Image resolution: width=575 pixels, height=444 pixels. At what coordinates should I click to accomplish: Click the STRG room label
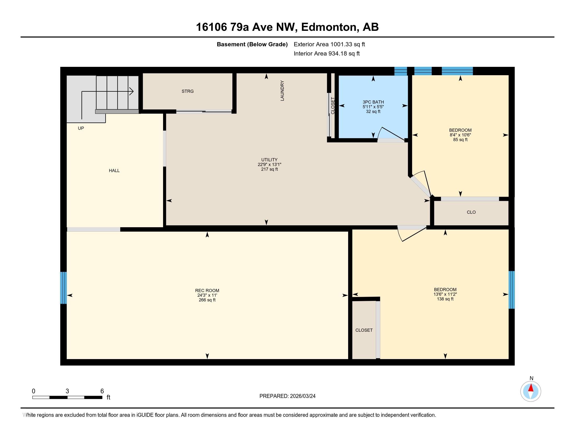[x=187, y=91]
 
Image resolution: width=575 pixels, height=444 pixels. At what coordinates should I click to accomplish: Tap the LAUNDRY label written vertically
[x=282, y=91]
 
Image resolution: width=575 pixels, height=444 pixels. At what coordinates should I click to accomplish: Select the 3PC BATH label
[x=373, y=102]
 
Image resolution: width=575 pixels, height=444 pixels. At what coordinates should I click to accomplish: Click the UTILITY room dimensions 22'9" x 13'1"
[x=269, y=164]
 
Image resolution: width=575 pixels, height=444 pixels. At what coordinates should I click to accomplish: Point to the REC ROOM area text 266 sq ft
[x=207, y=300]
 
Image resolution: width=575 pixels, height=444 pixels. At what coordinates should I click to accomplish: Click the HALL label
[x=114, y=171]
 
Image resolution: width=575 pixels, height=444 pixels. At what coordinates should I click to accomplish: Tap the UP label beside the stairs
[x=81, y=128]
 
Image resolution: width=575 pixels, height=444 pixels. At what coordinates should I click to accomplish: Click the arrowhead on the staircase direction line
[x=131, y=91]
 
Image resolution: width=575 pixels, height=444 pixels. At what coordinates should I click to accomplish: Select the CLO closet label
[x=471, y=212]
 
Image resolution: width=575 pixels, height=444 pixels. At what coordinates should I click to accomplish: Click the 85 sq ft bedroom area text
[x=460, y=140]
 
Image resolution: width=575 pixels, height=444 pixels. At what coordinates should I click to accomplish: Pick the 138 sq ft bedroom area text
[x=445, y=299]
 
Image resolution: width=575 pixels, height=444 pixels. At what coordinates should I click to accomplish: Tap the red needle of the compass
[x=531, y=388]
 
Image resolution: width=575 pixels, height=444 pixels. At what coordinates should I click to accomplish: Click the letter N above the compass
[x=531, y=378]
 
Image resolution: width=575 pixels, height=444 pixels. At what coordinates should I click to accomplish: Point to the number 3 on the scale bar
[x=67, y=391]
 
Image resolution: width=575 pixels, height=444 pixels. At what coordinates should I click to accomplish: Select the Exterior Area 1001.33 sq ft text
[x=329, y=44]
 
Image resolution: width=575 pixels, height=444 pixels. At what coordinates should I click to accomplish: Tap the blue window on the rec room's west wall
[x=64, y=288]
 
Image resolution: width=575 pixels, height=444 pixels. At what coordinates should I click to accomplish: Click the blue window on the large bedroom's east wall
[x=511, y=290]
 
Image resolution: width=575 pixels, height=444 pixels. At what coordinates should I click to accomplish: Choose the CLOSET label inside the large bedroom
[x=364, y=330]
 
